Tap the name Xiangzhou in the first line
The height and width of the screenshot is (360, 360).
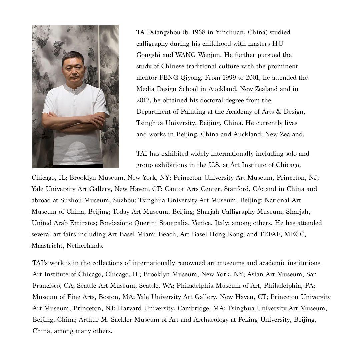(164, 32)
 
